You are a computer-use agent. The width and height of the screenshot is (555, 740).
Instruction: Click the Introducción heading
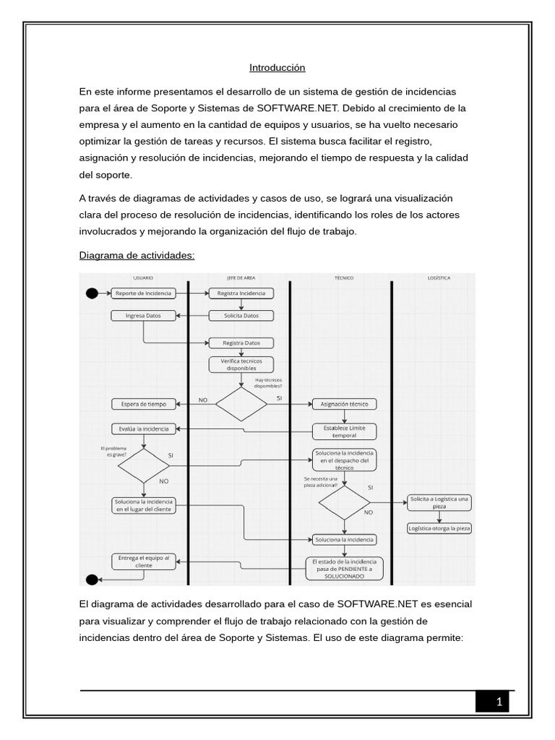coord(277,68)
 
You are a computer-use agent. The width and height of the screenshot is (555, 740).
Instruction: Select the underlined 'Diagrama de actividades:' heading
coord(137,256)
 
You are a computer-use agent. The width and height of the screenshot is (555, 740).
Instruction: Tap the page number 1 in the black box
coord(499,702)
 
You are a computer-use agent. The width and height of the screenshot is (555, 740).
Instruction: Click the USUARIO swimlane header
coord(142,277)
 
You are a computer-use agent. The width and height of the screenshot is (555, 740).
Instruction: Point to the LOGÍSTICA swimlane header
coord(439,277)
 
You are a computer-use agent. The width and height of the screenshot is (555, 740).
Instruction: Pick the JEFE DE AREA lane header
coord(241,277)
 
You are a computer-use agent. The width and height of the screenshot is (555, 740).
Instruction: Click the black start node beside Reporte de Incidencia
coord(92,293)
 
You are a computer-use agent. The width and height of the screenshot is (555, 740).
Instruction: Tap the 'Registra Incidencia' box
coord(241,293)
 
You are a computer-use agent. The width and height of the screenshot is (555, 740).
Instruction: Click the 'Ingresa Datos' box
coord(143,316)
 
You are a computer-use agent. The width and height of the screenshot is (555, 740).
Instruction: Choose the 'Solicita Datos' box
coord(241,316)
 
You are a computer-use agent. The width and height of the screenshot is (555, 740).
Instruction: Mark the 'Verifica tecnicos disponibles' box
coord(241,364)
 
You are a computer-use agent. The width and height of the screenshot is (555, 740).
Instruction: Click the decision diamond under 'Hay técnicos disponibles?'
coord(241,405)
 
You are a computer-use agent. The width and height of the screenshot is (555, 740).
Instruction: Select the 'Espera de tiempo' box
coord(143,404)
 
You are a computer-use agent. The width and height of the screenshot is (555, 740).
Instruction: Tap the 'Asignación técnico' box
coord(344,404)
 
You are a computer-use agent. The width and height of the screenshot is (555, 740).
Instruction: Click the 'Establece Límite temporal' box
coord(344,431)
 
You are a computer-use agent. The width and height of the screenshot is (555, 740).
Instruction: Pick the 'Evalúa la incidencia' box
coord(143,429)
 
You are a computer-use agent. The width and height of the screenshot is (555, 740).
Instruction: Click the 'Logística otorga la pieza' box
coord(439,528)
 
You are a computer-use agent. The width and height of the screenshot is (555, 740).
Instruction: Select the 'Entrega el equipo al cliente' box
coord(143,562)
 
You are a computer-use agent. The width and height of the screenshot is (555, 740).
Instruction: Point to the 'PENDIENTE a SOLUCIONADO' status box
coord(344,569)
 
